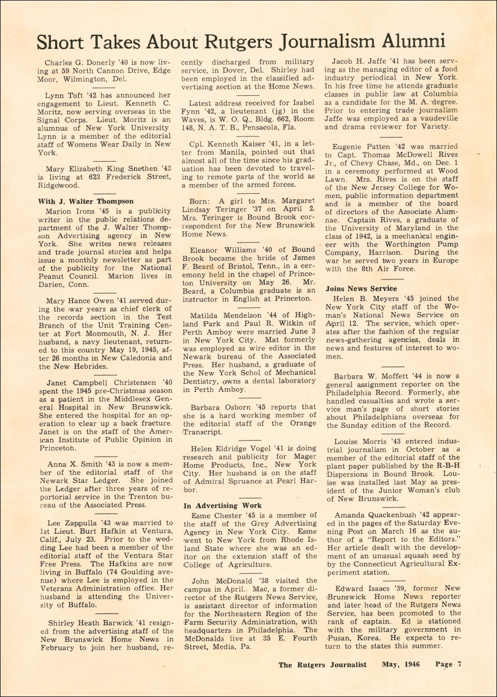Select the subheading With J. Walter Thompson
point(86,201)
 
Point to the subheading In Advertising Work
point(223,505)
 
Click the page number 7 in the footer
point(458,664)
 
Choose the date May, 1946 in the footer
point(401,664)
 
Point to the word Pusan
point(340,638)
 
